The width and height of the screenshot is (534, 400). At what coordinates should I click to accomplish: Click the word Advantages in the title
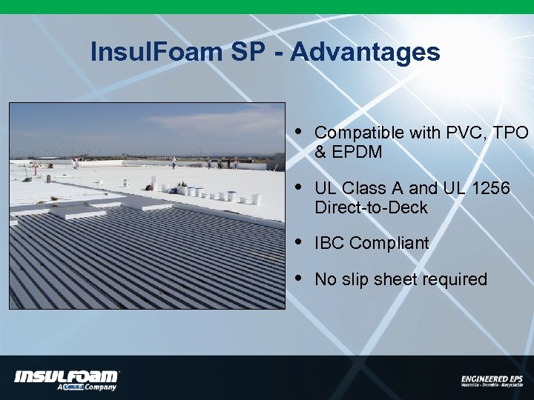365,53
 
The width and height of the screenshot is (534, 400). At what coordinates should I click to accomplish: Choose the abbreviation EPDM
359,152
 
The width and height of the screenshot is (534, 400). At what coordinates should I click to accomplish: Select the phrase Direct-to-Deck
371,207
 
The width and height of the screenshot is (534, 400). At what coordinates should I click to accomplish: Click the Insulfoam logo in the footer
67,376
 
